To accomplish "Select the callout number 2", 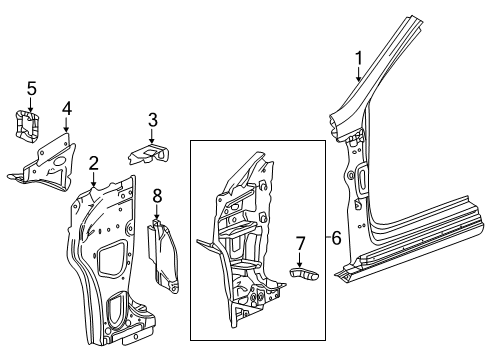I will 93,162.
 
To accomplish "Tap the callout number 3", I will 152,121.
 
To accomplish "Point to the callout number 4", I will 66,107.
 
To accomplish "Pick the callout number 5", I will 32,89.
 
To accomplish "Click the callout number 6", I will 336,238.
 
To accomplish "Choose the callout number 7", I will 298,241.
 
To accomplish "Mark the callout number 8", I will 156,194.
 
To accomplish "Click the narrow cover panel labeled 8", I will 161,255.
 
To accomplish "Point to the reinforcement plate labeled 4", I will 48,161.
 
